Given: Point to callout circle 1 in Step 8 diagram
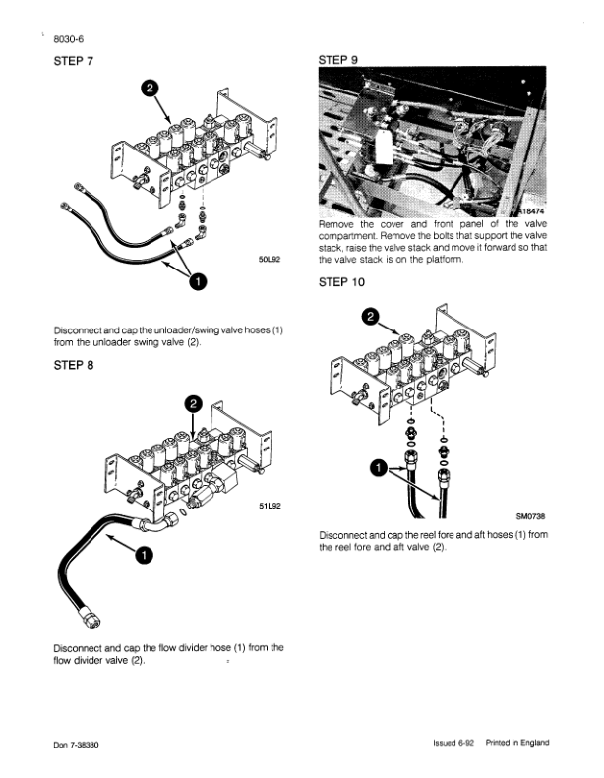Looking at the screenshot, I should point(144,556).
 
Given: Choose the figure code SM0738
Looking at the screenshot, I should point(530,513).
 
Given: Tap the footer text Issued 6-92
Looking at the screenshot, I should point(454,743).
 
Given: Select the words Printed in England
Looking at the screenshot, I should point(516,743).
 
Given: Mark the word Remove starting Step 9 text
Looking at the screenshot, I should point(338,224).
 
